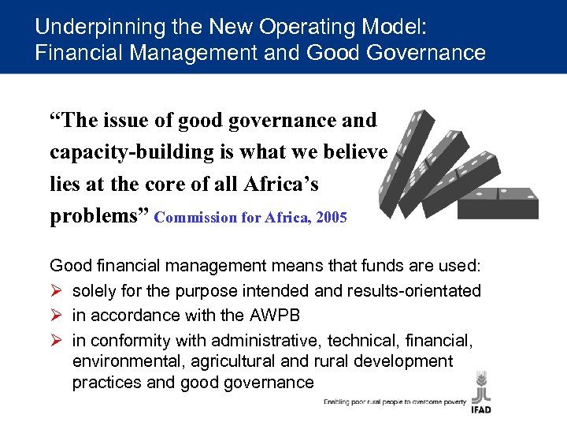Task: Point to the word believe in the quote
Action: point(353,152)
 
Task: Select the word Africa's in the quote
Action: point(279,185)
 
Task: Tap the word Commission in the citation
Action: point(191,218)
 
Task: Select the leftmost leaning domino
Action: point(405,162)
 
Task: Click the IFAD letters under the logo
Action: point(482,410)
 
